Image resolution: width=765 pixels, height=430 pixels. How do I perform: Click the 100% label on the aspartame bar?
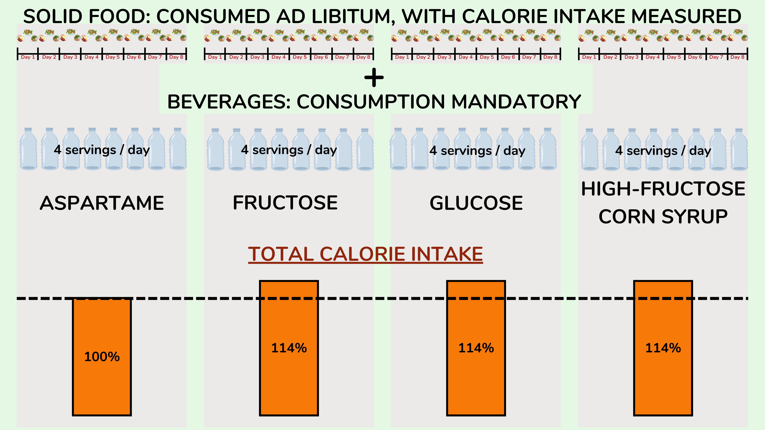click(102, 356)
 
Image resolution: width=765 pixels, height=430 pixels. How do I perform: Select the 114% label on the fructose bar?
click(289, 348)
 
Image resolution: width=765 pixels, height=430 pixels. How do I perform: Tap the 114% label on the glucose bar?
click(476, 348)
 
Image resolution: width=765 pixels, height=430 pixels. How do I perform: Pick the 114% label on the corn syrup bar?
click(663, 348)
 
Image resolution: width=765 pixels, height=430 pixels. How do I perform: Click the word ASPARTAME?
click(102, 203)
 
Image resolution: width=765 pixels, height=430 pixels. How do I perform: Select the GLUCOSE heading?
click(476, 203)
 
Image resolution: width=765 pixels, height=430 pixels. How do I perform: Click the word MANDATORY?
click(516, 102)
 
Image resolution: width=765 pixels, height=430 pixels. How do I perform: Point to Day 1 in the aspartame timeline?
click(28, 57)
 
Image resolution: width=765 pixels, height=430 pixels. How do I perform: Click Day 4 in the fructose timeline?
click(279, 57)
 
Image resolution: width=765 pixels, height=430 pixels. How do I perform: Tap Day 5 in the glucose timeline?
click(487, 57)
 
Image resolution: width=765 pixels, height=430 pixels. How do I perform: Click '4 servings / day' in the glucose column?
click(477, 150)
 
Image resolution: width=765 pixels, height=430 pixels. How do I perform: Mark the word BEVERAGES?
click(229, 102)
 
